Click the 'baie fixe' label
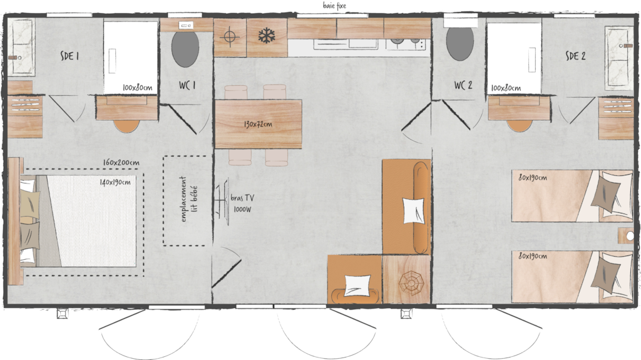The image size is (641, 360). [334, 6]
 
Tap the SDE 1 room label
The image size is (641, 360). [69, 56]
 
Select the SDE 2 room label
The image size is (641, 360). [576, 56]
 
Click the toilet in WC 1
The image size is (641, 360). [185, 48]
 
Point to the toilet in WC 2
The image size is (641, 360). [460, 43]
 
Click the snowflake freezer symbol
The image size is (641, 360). [267, 36]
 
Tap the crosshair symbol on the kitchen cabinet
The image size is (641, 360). [230, 36]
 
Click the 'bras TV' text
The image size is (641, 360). [242, 198]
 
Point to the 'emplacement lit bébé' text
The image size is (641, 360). [189, 199]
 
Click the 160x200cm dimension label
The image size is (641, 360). [121, 162]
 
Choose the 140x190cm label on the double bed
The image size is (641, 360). [115, 182]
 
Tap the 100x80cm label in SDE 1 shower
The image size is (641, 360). [137, 88]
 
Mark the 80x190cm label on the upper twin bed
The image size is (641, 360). [533, 178]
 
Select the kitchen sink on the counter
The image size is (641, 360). [346, 44]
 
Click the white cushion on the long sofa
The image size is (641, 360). [413, 210]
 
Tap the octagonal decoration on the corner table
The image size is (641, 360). [411, 283]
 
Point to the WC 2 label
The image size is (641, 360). [463, 85]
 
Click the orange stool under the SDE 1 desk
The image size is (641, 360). [126, 126]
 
